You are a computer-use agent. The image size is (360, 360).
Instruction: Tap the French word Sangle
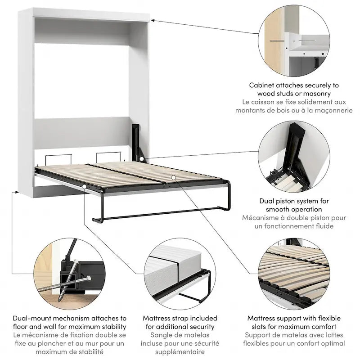coord(162,335)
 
